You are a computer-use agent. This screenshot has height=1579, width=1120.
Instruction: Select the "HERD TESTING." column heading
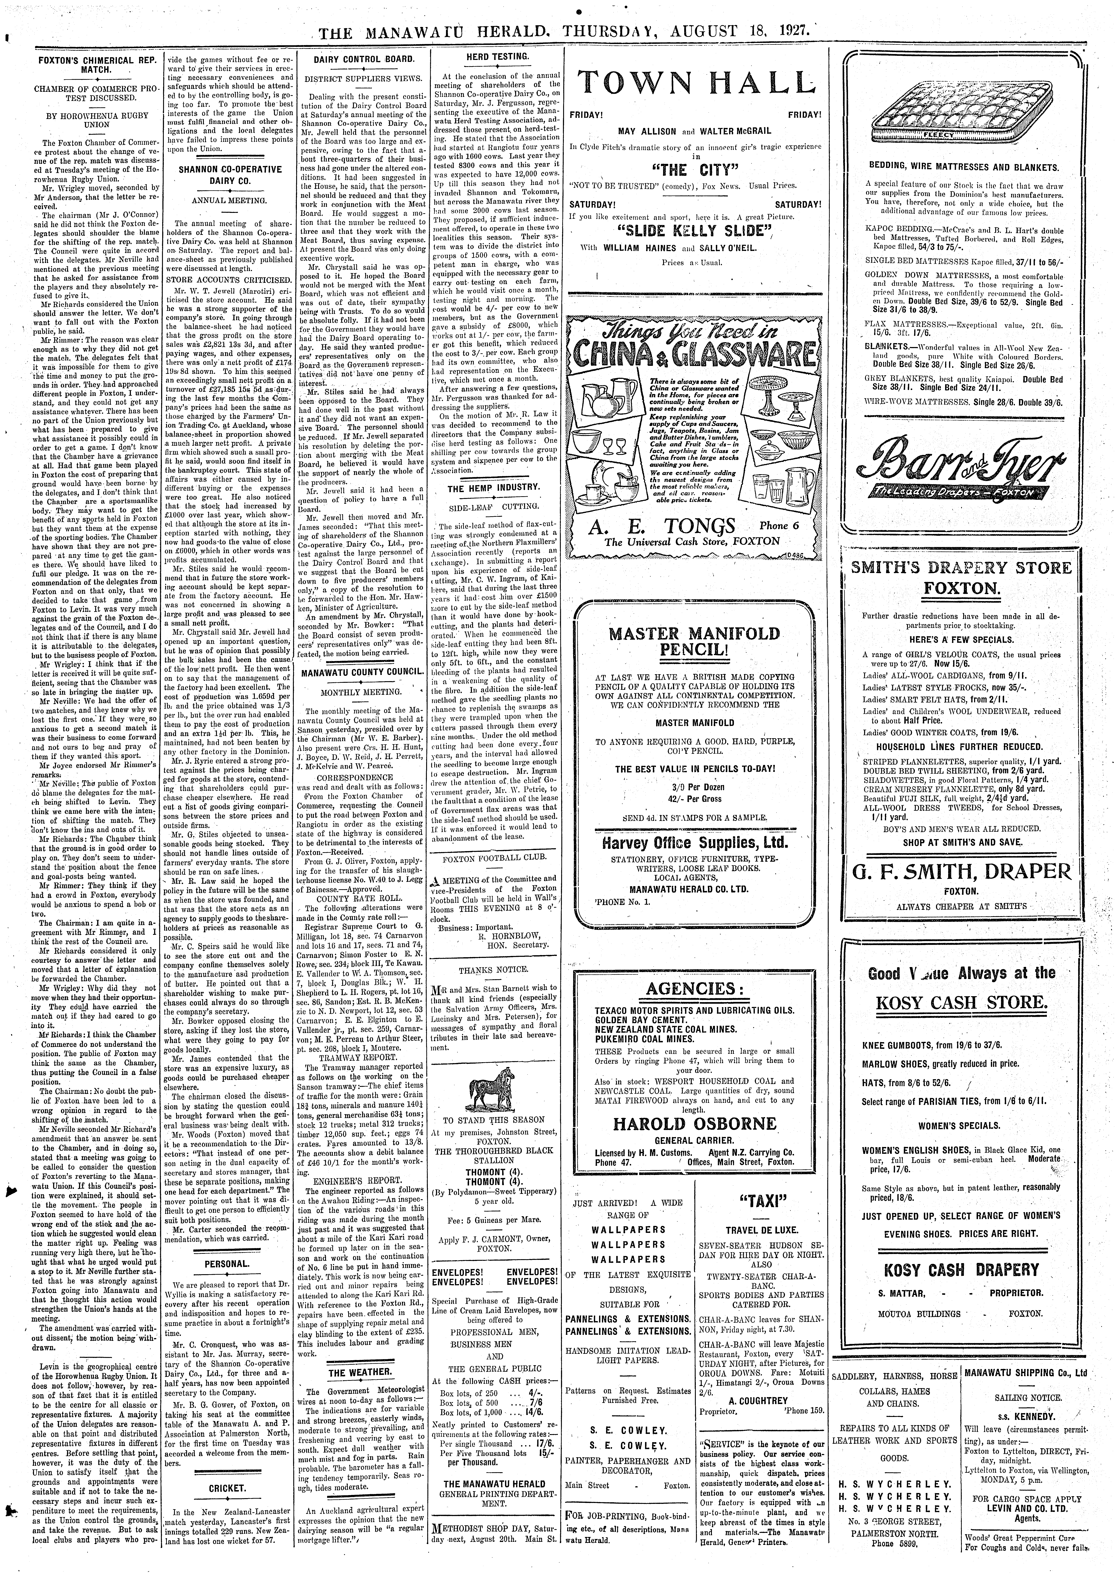point(494,55)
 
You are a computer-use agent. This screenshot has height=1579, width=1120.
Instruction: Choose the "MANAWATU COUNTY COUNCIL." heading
point(360,671)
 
